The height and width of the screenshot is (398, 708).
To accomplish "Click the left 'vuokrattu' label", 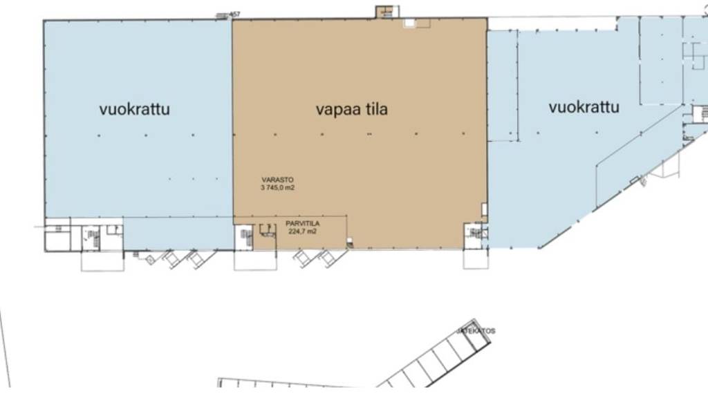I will (x=134, y=108).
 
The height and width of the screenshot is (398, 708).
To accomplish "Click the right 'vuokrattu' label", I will (x=584, y=107).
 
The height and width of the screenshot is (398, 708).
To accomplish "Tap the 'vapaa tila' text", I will (x=351, y=109).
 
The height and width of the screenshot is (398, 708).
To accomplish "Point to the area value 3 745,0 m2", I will (x=278, y=187).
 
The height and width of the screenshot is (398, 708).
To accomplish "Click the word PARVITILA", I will (x=301, y=224).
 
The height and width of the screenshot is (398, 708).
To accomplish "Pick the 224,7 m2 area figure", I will (x=301, y=232).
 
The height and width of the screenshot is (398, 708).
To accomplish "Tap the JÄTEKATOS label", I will (x=476, y=331).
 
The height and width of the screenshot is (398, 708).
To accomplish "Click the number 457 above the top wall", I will (x=234, y=15).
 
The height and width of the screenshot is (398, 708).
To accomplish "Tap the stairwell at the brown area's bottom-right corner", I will (x=474, y=234).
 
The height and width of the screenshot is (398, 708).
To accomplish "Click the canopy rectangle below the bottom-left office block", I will (x=102, y=260).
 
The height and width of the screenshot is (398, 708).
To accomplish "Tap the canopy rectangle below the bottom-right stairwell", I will (x=476, y=258).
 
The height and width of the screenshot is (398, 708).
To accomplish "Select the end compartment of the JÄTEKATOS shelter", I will (x=477, y=339).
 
